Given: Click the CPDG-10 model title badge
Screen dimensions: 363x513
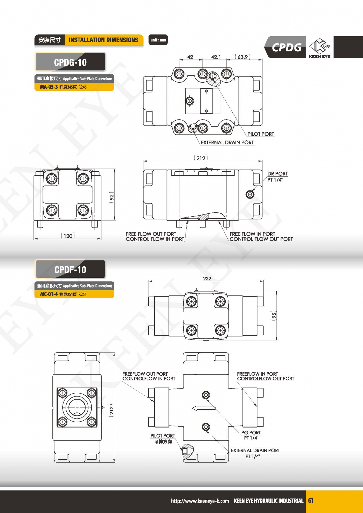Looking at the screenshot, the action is [x=70, y=62].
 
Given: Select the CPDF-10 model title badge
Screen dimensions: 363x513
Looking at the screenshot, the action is [x=70, y=269].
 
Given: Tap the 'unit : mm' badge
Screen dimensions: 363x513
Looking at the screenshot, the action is [x=158, y=40].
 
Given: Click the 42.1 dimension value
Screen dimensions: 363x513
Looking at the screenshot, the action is [x=216, y=57].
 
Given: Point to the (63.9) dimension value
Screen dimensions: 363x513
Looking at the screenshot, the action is [x=243, y=57].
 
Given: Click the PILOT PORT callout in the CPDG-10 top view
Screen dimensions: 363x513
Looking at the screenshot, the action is [x=261, y=134].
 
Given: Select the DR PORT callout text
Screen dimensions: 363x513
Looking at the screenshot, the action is [x=277, y=174].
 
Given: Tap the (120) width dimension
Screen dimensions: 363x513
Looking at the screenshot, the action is [x=68, y=236].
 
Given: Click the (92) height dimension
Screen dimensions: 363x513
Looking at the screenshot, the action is [x=111, y=197].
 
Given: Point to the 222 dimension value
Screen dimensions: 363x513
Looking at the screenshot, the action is [x=207, y=278].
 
